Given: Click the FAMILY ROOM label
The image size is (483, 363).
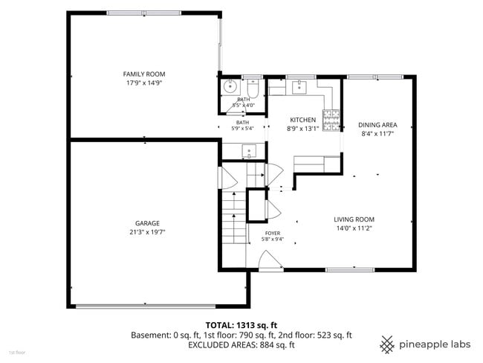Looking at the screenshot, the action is click(x=144, y=74).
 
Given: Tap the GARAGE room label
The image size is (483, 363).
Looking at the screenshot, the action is click(x=147, y=223).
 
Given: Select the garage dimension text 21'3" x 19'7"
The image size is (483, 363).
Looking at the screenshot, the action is click(x=147, y=232).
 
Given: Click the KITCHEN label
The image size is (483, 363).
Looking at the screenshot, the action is click(x=302, y=120).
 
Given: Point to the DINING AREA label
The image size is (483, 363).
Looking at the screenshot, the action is click(x=377, y=125).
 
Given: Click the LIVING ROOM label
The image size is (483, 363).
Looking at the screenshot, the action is click(x=354, y=219).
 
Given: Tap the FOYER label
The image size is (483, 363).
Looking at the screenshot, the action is click(x=273, y=234).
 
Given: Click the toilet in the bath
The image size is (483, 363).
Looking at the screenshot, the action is click(x=253, y=88).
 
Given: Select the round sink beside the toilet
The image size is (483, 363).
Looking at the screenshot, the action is click(x=230, y=87).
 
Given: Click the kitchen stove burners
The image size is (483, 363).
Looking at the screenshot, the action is click(x=331, y=121).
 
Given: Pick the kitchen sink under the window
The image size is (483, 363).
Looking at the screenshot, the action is click(x=299, y=87).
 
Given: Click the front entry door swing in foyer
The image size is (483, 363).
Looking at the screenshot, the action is click(x=270, y=261).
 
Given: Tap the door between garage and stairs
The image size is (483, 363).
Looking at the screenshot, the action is click(x=227, y=178).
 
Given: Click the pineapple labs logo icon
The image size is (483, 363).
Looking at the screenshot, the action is click(x=387, y=344).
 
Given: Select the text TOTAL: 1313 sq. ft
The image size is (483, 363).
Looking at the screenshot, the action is click(x=241, y=325).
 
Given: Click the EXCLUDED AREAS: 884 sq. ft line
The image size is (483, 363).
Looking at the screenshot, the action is click(x=241, y=345).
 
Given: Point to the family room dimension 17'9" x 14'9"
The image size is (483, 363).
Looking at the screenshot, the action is click(x=144, y=83).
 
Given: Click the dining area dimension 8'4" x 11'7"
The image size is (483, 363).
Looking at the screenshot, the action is click(x=377, y=134).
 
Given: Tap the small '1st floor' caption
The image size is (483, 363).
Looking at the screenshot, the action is click(x=17, y=352).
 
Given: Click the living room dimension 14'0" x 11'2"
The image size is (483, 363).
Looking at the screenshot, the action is click(x=354, y=228).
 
